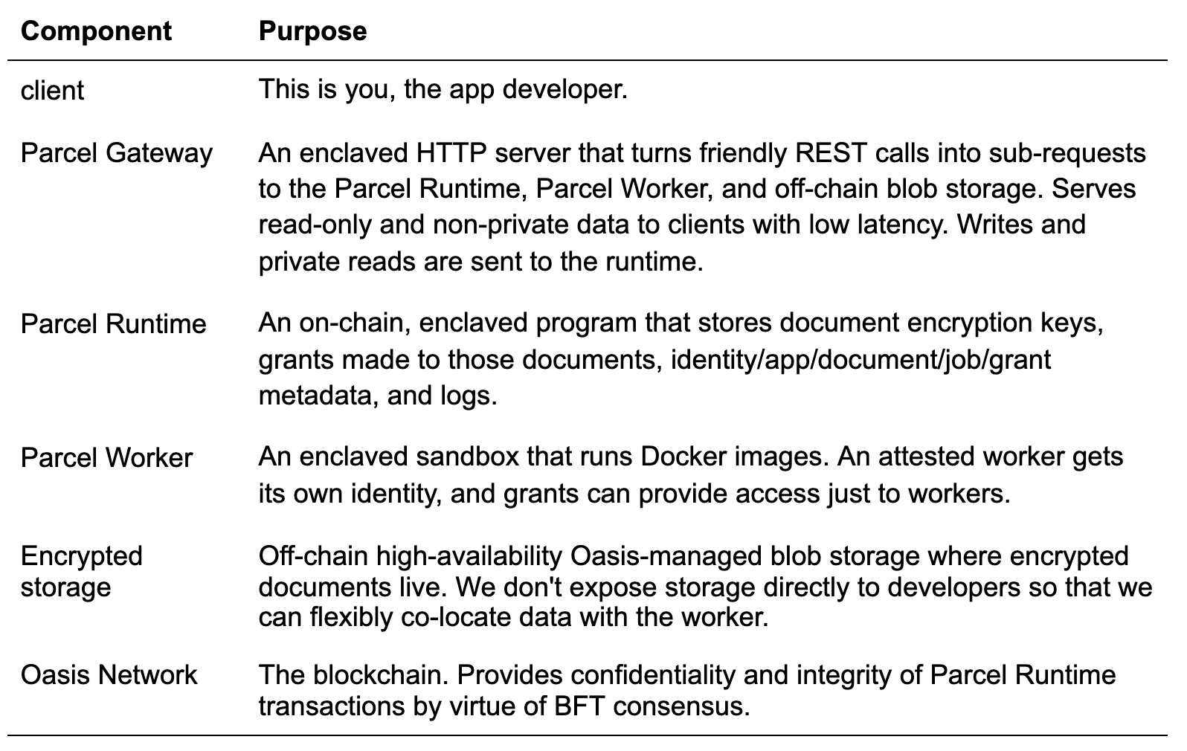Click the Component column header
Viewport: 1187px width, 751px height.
pos(96,31)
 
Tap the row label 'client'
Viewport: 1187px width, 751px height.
pos(52,90)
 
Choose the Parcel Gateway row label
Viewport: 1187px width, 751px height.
pos(117,154)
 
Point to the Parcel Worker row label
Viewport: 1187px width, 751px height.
pos(106,457)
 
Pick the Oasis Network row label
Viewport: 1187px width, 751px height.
pos(109,675)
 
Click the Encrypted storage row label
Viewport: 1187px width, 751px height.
pos(82,572)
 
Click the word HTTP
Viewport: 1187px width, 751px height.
pos(451,153)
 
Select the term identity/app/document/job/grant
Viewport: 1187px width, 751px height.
pos(861,361)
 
